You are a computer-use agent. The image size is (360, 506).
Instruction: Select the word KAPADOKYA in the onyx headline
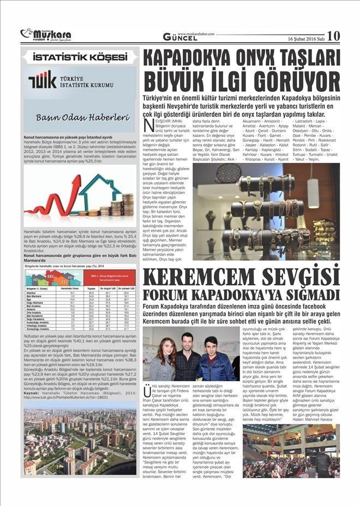click(x=199, y=59)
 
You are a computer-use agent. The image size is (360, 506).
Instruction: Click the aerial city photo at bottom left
click(x=80, y=438)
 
